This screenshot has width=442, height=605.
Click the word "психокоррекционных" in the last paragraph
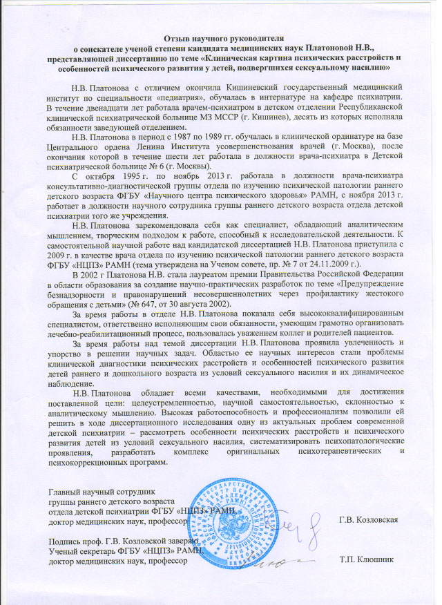pyautogui.click(x=88, y=461)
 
